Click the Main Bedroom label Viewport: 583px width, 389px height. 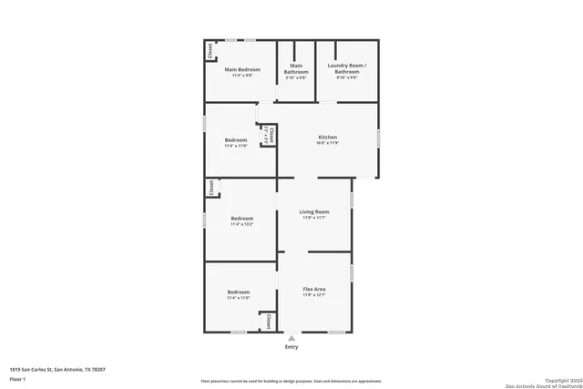pos(242,70)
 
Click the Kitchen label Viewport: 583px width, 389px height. pos(327,138)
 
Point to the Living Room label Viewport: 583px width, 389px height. pos(313,212)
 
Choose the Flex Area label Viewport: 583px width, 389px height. pos(313,289)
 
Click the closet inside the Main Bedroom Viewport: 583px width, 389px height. pos(210,51)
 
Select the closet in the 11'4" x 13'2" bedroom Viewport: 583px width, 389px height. pos(210,188)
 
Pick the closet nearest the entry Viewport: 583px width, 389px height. pos(269,322)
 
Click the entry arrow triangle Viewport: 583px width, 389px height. pos(291,337)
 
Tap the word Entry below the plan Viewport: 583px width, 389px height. pos(291,347)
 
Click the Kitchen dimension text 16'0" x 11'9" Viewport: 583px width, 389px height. pos(327,144)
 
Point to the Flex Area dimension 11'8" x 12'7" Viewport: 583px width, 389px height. pos(313,295)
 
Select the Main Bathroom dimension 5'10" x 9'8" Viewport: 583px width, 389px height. pos(296,77)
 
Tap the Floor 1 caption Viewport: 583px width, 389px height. pos(17,378)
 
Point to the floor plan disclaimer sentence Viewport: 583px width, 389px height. pos(291,381)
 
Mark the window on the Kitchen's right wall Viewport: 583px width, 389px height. pos(379,138)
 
